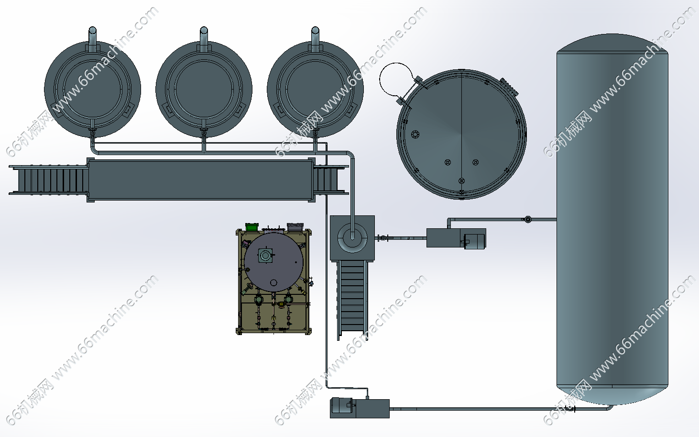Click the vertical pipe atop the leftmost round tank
[x=92, y=39]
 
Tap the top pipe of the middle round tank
[x=204, y=39]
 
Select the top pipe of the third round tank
[x=315, y=39]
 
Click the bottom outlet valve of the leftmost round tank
[x=92, y=132]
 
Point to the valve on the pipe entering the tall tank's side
[x=528, y=219]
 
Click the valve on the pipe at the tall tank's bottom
[x=569, y=409]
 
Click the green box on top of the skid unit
[x=252, y=227]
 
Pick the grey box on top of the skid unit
[x=295, y=227]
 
